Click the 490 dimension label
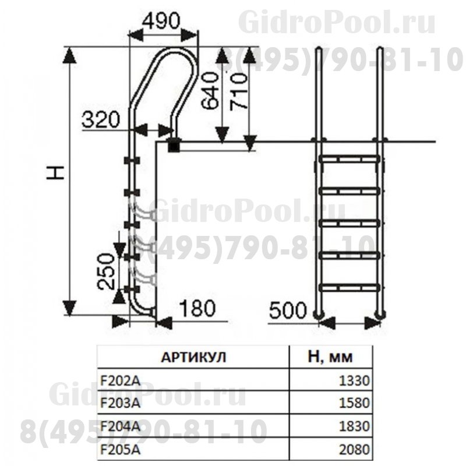[161, 22]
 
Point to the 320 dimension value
[101, 119]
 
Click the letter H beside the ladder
[55, 172]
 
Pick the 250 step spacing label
[106, 271]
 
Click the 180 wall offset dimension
[197, 308]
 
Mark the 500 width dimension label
[287, 310]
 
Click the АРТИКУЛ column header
[193, 357]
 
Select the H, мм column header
[330, 356]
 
